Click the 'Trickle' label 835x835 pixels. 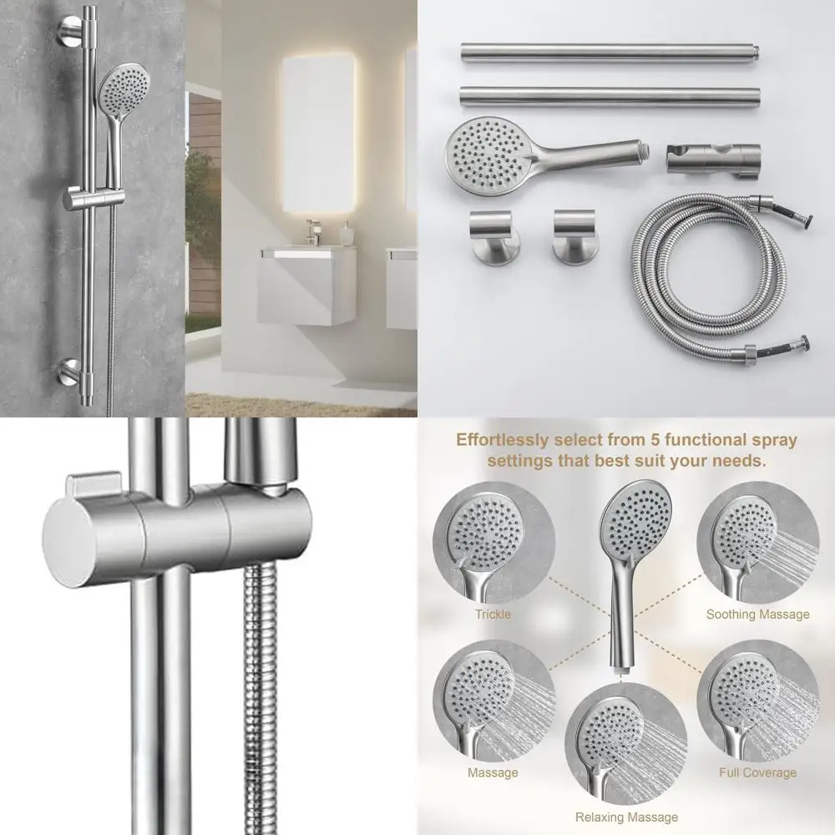[493, 615]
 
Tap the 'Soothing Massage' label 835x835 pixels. [757, 615]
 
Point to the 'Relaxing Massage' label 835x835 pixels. [626, 817]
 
